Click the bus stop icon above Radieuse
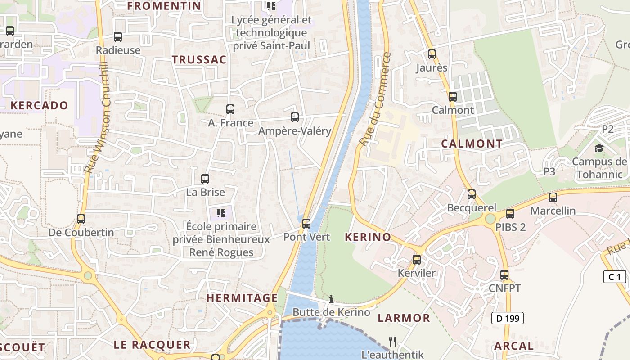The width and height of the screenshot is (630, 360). coord(118,37)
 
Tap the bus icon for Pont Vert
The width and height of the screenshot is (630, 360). coord(306,223)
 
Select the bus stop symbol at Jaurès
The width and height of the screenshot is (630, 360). coord(432,54)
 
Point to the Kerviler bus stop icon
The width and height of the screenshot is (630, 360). coord(417,260)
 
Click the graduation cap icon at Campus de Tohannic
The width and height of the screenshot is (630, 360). coord(599,148)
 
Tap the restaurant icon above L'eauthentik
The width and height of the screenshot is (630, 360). coord(392,341)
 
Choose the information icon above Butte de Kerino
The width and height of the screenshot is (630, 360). coord(331,299)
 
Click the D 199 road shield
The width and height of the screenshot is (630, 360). coord(507,318)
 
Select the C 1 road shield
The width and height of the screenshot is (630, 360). coord(614,277)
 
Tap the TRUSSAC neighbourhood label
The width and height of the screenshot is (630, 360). coord(199,60)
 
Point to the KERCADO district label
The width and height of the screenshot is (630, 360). coord(39,106)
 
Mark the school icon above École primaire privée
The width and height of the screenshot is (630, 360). coord(220,213)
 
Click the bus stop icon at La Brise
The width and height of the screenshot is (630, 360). coord(205,179)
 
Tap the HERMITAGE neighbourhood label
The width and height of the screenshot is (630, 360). coord(242,298)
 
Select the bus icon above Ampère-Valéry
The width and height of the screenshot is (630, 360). coord(295,117)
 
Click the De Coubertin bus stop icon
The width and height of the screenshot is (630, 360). coord(81,219)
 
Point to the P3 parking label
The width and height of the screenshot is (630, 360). coord(549,171)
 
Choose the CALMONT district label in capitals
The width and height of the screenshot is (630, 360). coord(472,144)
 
